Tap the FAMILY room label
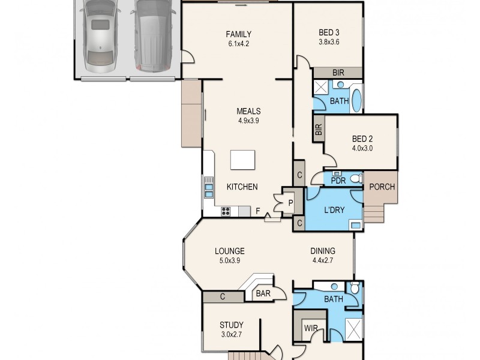click(238, 34)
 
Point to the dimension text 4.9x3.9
click(248, 120)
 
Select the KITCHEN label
click(242, 187)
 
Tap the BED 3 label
click(329, 32)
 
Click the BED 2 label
click(362, 139)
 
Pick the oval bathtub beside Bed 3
click(356, 100)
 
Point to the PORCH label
click(382, 187)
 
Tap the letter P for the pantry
click(290, 203)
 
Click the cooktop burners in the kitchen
click(227, 211)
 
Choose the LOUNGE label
click(230, 251)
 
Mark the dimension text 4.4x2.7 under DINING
click(322, 260)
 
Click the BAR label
click(263, 294)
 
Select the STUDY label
click(231, 326)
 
